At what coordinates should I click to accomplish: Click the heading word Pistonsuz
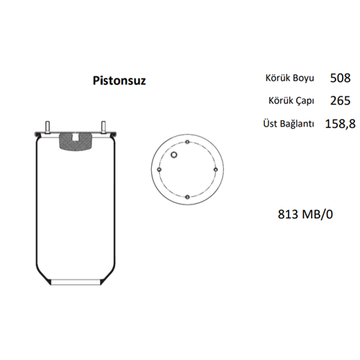120,81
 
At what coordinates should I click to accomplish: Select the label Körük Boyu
289,78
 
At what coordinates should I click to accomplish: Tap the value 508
341,78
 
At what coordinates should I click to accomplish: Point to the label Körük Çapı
291,101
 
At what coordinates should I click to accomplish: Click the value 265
341,101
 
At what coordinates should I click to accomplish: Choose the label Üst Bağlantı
289,124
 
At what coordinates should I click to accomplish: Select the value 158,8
341,124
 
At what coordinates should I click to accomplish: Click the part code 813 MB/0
305,214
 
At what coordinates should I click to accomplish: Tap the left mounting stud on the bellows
48,127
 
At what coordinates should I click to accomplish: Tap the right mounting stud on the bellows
104,127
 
